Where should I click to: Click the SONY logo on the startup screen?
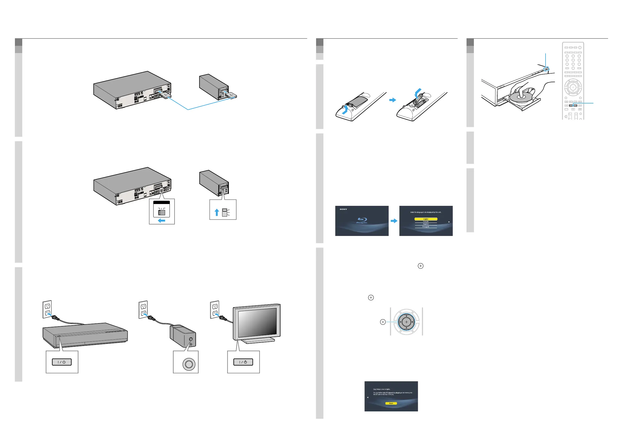pos(343,209)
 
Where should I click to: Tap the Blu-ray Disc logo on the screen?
pos(362,220)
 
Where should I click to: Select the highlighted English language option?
pos(426,219)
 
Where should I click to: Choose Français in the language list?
pos(426,222)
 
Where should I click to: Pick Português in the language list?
pos(426,227)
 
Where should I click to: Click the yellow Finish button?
pos(391,403)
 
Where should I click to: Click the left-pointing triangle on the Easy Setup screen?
pos(368,397)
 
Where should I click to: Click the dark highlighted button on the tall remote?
pos(573,105)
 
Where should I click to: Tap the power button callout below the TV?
pos(243,362)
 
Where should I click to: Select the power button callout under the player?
pos(61,362)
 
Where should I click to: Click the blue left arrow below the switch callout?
pos(161,221)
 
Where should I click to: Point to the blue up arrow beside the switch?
pos(217,212)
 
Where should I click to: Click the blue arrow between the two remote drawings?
pos(392,100)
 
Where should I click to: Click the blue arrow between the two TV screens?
pos(394,221)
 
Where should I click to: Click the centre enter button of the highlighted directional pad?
pos(406,322)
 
